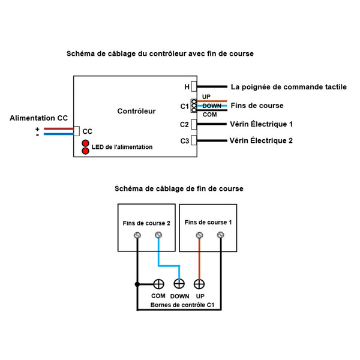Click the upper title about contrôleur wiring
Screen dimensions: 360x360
160,53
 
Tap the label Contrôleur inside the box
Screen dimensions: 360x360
136,111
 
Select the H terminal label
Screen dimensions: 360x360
187,87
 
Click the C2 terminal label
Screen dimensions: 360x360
184,125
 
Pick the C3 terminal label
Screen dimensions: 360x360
184,141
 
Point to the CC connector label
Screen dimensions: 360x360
87,131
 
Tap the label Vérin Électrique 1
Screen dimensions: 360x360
261,125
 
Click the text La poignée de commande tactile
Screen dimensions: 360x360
288,87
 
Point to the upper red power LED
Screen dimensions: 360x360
85,143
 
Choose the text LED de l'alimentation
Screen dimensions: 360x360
122,147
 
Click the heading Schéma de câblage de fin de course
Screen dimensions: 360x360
179,188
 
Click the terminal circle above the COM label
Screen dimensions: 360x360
159,284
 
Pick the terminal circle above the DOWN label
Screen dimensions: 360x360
179,284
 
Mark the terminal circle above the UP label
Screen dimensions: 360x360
199,284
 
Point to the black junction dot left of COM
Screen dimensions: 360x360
138,284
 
